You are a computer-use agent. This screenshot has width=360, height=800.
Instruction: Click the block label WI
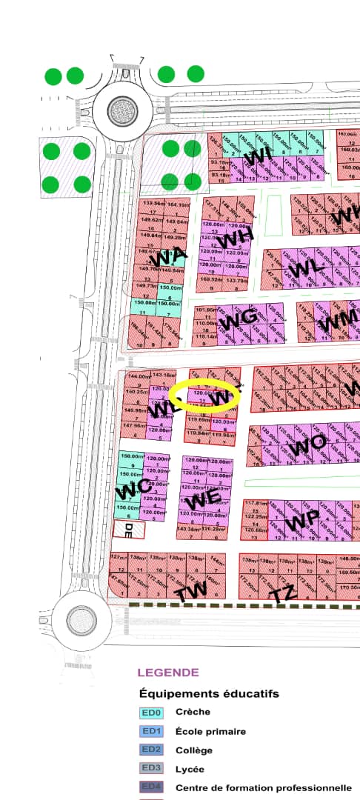(257, 157)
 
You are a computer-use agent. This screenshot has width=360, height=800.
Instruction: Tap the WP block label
(304, 521)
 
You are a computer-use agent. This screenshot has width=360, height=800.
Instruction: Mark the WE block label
(210, 498)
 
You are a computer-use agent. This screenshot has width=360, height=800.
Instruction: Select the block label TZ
(285, 594)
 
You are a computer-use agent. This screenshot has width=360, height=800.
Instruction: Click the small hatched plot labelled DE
(128, 529)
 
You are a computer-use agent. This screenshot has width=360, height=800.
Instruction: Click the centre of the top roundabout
(119, 111)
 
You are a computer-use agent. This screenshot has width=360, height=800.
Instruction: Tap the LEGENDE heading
(168, 673)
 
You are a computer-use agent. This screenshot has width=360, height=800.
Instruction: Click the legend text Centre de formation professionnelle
(263, 787)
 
